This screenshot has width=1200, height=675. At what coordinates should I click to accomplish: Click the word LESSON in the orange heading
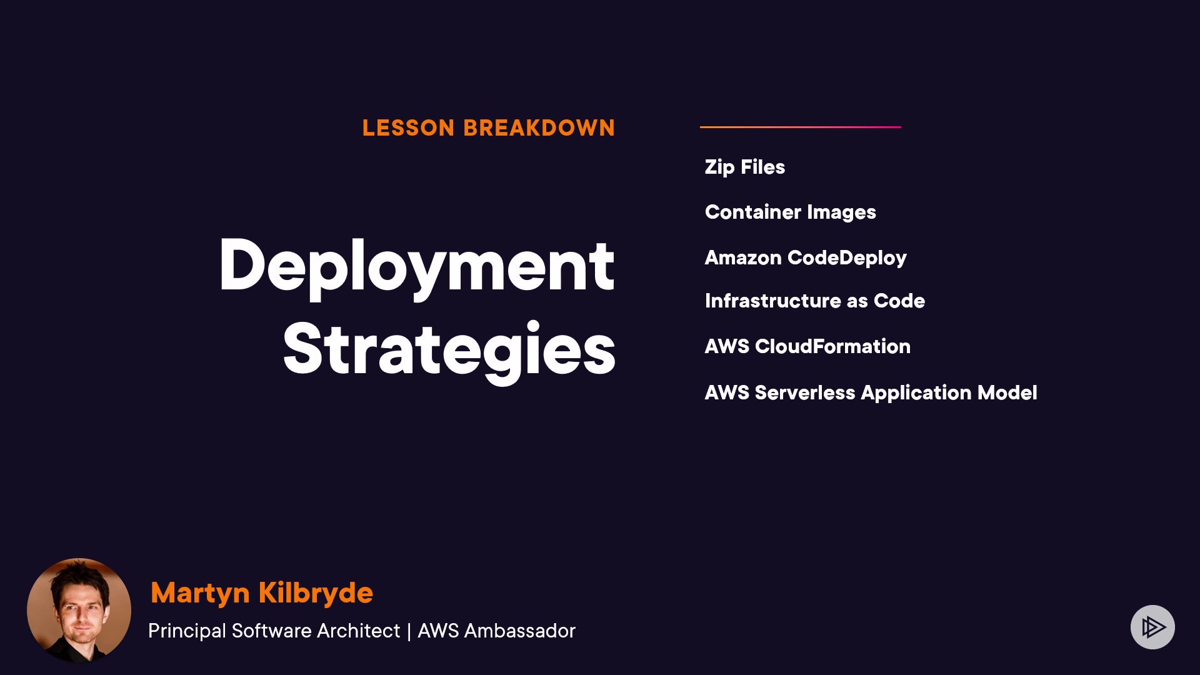(x=408, y=128)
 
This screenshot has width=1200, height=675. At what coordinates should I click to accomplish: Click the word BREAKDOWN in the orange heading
(x=539, y=128)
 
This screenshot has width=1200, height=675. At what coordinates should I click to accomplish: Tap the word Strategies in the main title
(x=449, y=350)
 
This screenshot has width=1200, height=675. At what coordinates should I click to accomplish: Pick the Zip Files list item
(x=745, y=167)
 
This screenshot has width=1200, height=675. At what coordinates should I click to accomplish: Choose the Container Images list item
(x=791, y=212)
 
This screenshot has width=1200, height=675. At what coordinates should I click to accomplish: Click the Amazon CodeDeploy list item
(x=806, y=258)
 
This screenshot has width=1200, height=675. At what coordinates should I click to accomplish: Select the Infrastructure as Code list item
(x=815, y=301)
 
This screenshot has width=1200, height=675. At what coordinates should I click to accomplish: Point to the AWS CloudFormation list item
(x=807, y=346)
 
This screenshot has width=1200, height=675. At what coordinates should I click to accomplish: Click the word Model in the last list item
(x=1007, y=392)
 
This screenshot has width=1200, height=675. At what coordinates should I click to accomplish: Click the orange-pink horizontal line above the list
(x=801, y=127)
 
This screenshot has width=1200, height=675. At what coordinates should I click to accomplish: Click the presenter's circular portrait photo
(x=79, y=611)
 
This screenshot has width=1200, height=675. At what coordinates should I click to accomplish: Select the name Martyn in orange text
(x=200, y=593)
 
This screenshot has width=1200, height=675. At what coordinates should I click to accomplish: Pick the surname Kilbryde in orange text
(x=316, y=592)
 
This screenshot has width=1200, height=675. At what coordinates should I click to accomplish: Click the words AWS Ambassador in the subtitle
(x=496, y=631)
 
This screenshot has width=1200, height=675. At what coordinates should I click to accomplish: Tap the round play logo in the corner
(x=1152, y=627)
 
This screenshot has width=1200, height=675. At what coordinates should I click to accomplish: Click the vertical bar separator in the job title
(x=409, y=631)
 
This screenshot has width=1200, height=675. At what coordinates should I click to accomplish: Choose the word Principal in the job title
(x=187, y=631)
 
